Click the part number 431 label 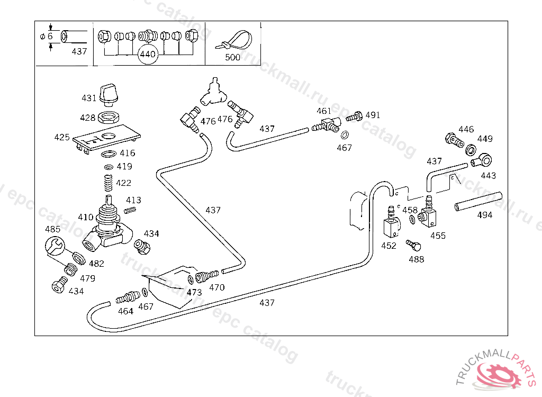pos(89,98)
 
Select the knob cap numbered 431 pos(110,93)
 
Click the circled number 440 pos(148,54)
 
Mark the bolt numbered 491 pos(356,116)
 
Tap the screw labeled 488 pos(413,245)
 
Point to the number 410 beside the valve pos(85,217)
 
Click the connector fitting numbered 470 pos(207,276)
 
